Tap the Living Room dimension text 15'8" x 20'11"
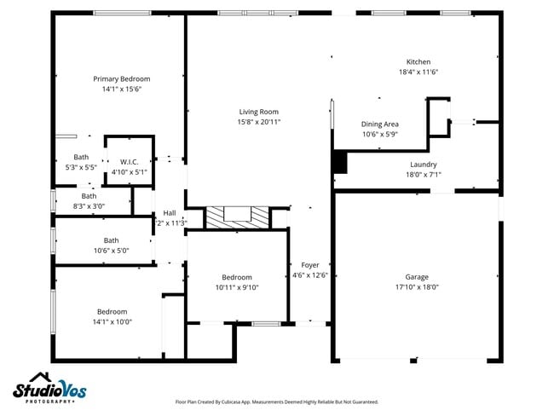pyautogui.click(x=259, y=122)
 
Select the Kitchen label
pyautogui.click(x=418, y=61)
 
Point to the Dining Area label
pyautogui.click(x=379, y=124)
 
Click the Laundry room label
pyautogui.click(x=424, y=165)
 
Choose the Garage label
pyautogui.click(x=417, y=277)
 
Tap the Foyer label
pyautogui.click(x=310, y=265)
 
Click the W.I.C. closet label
pyautogui.click(x=130, y=161)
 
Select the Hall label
pyautogui.click(x=170, y=213)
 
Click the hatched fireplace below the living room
pyautogui.click(x=237, y=217)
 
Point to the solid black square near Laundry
pyautogui.click(x=340, y=160)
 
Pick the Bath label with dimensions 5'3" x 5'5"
pyautogui.click(x=81, y=157)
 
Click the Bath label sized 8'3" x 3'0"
pyautogui.click(x=89, y=196)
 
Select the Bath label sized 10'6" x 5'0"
pyautogui.click(x=111, y=240)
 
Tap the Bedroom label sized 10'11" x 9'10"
pyautogui.click(x=237, y=277)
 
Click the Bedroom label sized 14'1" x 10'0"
pyautogui.click(x=112, y=311)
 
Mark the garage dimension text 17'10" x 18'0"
pyautogui.click(x=417, y=287)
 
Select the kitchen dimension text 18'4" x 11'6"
pyautogui.click(x=418, y=72)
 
